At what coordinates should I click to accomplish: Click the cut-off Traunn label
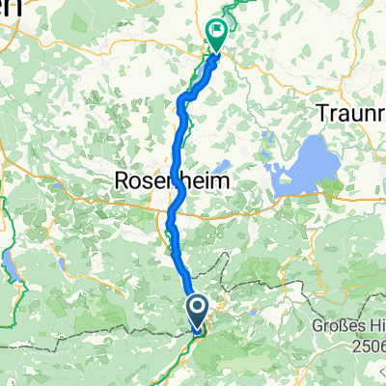[350, 112]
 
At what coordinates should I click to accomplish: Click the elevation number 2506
[367, 345]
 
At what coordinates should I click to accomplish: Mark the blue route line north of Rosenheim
[179, 125]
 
